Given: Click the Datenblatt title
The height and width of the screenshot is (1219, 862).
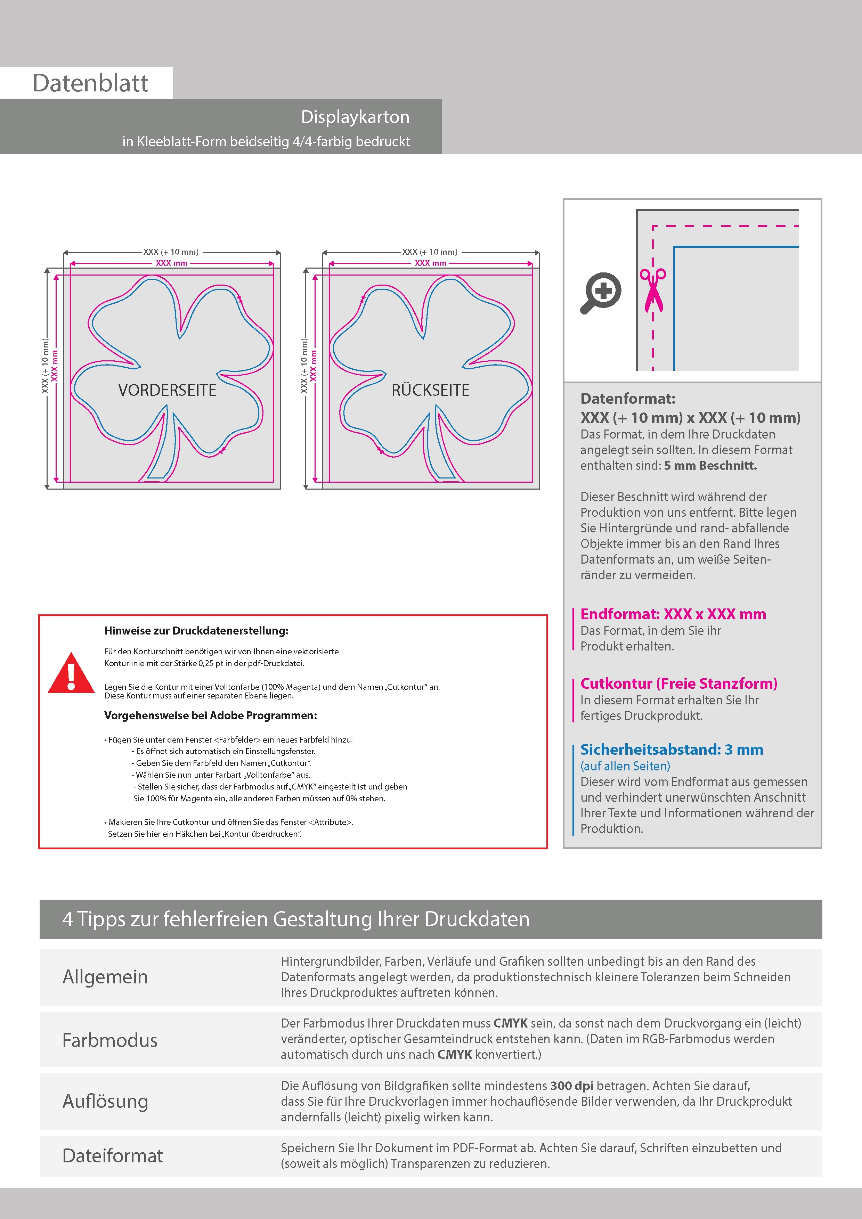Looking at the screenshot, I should [x=90, y=83].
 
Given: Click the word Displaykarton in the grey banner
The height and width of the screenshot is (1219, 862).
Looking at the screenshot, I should [x=355, y=117].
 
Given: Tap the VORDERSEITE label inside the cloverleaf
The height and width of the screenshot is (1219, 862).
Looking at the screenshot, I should [x=167, y=390].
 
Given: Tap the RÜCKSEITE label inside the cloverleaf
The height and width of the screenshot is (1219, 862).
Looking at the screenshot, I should [x=430, y=390].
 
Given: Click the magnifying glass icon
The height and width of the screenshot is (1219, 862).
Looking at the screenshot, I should [x=601, y=293].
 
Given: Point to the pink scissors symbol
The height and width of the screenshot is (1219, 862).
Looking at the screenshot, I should [x=653, y=289].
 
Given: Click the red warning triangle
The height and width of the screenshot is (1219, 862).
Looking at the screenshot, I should [x=71, y=673].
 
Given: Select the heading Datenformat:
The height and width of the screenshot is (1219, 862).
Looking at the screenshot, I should [x=628, y=399].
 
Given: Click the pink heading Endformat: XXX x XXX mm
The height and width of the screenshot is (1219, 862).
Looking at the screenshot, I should [x=673, y=614].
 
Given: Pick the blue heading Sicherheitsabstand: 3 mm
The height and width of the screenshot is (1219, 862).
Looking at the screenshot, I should [x=671, y=750].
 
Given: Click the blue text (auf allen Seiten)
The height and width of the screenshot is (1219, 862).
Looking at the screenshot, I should [x=625, y=766].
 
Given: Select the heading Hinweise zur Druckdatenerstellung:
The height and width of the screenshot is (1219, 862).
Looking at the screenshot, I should [x=196, y=631].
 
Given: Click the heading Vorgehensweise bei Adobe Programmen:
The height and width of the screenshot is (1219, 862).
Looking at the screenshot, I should [x=210, y=716].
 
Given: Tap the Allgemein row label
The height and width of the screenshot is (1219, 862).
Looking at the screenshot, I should [x=105, y=977].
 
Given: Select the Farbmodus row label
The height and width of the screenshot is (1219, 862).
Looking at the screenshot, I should [x=110, y=1040].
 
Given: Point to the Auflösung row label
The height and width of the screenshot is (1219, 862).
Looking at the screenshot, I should [x=105, y=1101].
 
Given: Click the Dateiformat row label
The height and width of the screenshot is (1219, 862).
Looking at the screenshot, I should [x=113, y=1156].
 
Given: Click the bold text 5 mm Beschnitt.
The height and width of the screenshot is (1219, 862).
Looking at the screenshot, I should [x=710, y=466].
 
